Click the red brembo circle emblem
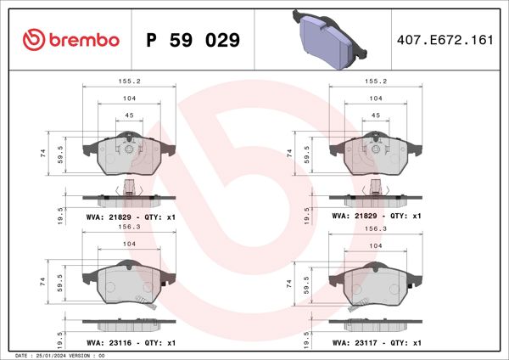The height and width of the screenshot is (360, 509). (x=32, y=39)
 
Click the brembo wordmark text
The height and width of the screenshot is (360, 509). (x=83, y=40)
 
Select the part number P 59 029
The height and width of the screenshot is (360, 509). (x=193, y=40)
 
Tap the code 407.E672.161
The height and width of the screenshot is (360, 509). (x=445, y=40)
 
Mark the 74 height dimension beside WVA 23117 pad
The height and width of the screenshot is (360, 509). (x=289, y=280)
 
